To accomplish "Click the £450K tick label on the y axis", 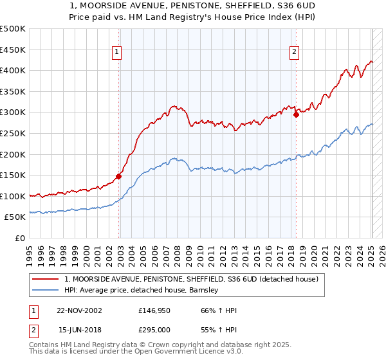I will coord(13,50).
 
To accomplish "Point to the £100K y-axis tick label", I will coord(13,196).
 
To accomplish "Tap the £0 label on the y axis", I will coord(20,238).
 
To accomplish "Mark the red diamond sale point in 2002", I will coord(119,176).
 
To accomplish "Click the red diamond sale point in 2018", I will coord(296,115).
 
